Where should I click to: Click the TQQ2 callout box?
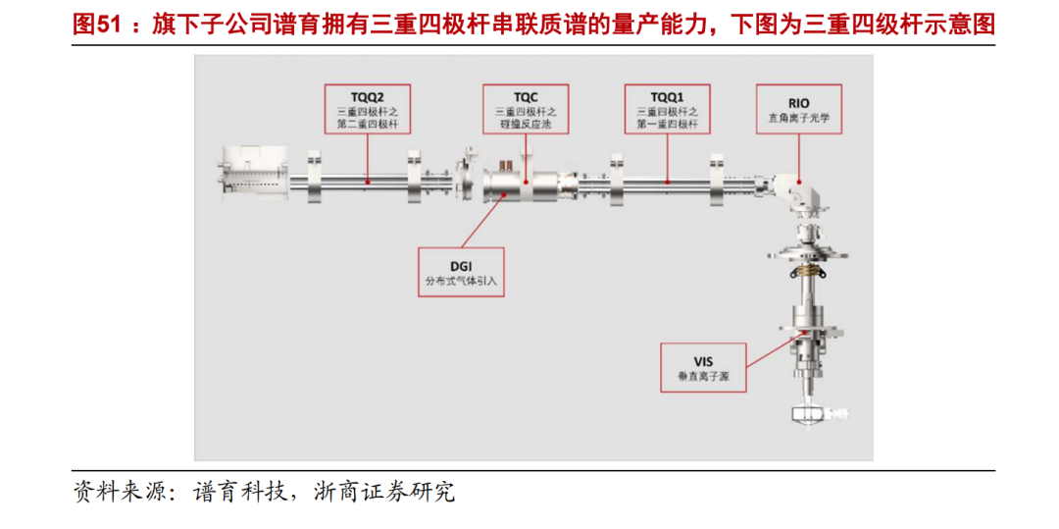(367, 109)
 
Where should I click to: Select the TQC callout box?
(526, 109)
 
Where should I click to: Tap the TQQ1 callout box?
(667, 109)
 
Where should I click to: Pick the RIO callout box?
(799, 109)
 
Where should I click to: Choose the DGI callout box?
(461, 271)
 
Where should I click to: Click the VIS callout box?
(702, 366)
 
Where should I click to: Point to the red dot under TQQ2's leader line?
(367, 181)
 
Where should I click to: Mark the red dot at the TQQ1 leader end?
(667, 181)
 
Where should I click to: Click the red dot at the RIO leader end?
(799, 181)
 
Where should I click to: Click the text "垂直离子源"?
(702, 376)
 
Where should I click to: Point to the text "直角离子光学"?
(799, 118)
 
